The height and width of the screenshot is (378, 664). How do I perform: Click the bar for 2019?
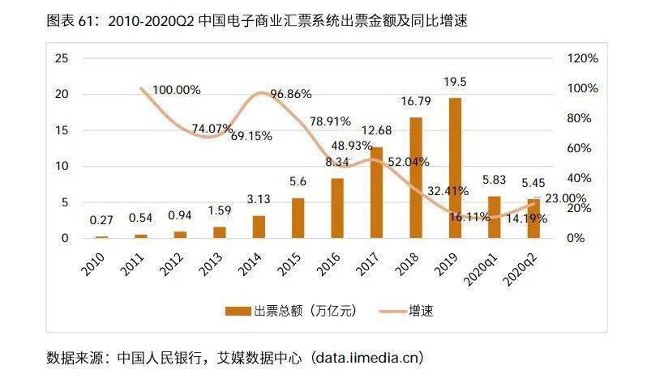point(456,168)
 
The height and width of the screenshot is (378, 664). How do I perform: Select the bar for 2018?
point(416,177)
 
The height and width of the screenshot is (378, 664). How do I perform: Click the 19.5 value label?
point(456,81)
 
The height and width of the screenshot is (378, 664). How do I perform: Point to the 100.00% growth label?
point(176,90)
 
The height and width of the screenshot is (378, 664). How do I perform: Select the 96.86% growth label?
point(290,94)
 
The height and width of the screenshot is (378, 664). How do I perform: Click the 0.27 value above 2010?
point(101,219)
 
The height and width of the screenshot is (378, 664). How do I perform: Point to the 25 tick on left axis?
point(61,59)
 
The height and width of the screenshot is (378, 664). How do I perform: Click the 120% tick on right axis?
point(581,59)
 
